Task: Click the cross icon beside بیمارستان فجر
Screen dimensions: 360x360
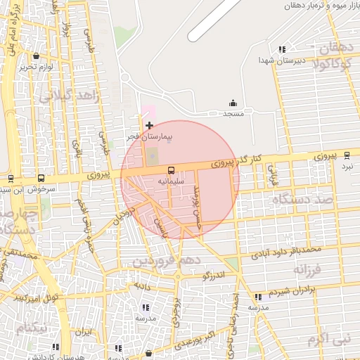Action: coord(149,125)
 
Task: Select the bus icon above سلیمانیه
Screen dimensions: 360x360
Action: coord(171,170)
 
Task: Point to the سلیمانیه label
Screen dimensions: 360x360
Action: coord(171,181)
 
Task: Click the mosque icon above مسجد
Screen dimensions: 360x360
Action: coord(233,103)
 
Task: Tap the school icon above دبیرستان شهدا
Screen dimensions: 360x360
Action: coord(281,49)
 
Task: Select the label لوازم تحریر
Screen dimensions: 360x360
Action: coord(37,66)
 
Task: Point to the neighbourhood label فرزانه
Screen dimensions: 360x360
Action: coord(307,269)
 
